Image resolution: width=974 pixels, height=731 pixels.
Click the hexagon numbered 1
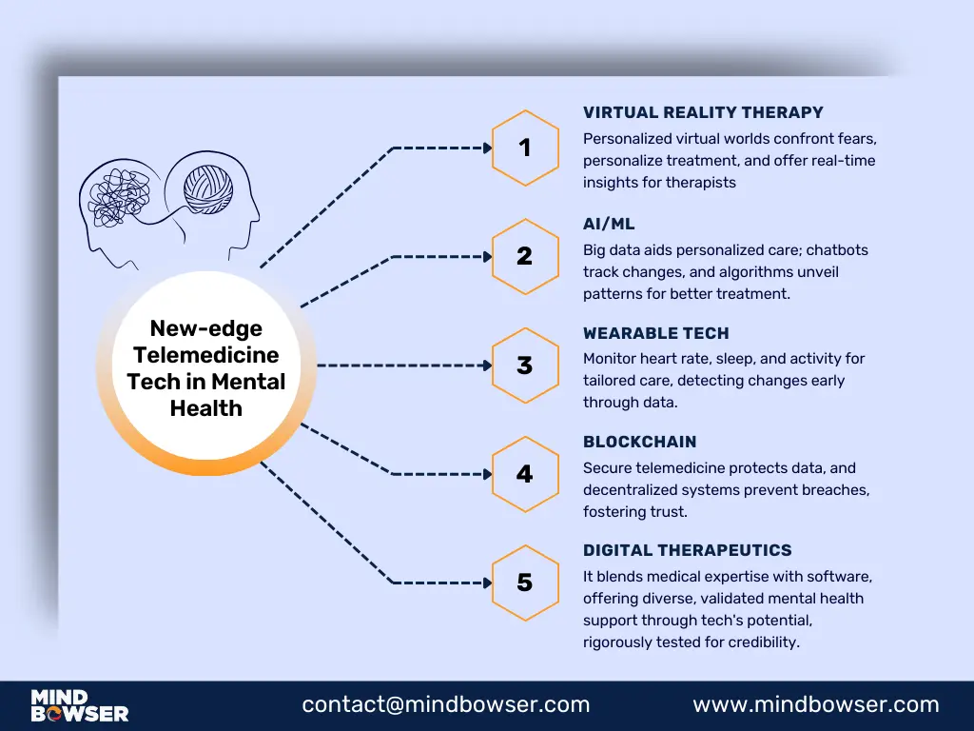click(x=524, y=148)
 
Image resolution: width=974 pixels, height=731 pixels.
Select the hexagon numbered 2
click(x=524, y=256)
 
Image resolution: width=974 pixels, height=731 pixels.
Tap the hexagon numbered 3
click(x=524, y=365)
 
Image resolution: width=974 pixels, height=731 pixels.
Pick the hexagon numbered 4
click(x=524, y=473)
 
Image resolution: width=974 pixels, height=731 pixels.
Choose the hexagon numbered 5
click(x=524, y=582)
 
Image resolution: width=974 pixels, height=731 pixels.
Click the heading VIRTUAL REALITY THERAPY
click(x=703, y=113)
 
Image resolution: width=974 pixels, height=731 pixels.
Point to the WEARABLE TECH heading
click(x=655, y=333)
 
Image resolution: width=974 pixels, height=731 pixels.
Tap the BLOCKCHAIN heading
click(x=639, y=442)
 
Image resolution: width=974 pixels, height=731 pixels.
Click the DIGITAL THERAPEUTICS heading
click(x=687, y=550)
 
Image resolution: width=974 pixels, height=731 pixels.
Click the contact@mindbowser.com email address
click(x=446, y=705)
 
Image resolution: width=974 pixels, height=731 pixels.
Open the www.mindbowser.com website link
click(x=815, y=705)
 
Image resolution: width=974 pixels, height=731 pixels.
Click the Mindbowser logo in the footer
click(x=80, y=705)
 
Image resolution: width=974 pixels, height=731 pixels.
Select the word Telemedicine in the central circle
click(x=206, y=355)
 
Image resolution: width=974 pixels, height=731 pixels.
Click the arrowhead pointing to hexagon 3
click(x=487, y=365)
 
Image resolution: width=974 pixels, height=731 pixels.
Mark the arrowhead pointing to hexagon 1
click(x=487, y=148)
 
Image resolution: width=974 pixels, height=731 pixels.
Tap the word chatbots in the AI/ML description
click(x=836, y=250)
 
